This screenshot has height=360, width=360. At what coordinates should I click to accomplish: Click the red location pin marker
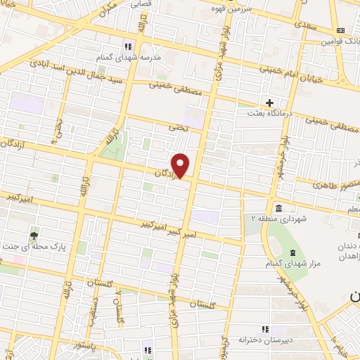[181, 165]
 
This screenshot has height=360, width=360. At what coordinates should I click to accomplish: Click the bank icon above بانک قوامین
[340, 30]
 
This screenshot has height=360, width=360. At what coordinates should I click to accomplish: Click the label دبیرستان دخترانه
[265, 340]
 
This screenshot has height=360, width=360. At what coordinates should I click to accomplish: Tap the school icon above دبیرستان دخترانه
[265, 328]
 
